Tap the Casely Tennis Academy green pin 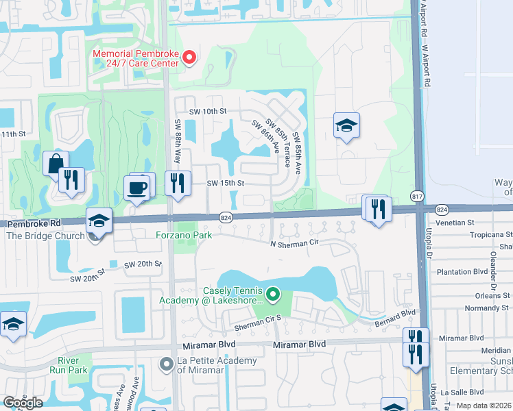coord(273,295)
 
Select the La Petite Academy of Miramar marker coord(166,364)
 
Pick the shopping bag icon coord(55,164)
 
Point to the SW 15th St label coord(226,183)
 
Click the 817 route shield coord(417,197)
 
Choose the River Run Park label coord(72,365)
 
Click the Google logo coord(23,403)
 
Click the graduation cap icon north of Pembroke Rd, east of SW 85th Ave coord(346,125)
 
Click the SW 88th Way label coord(177,136)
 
